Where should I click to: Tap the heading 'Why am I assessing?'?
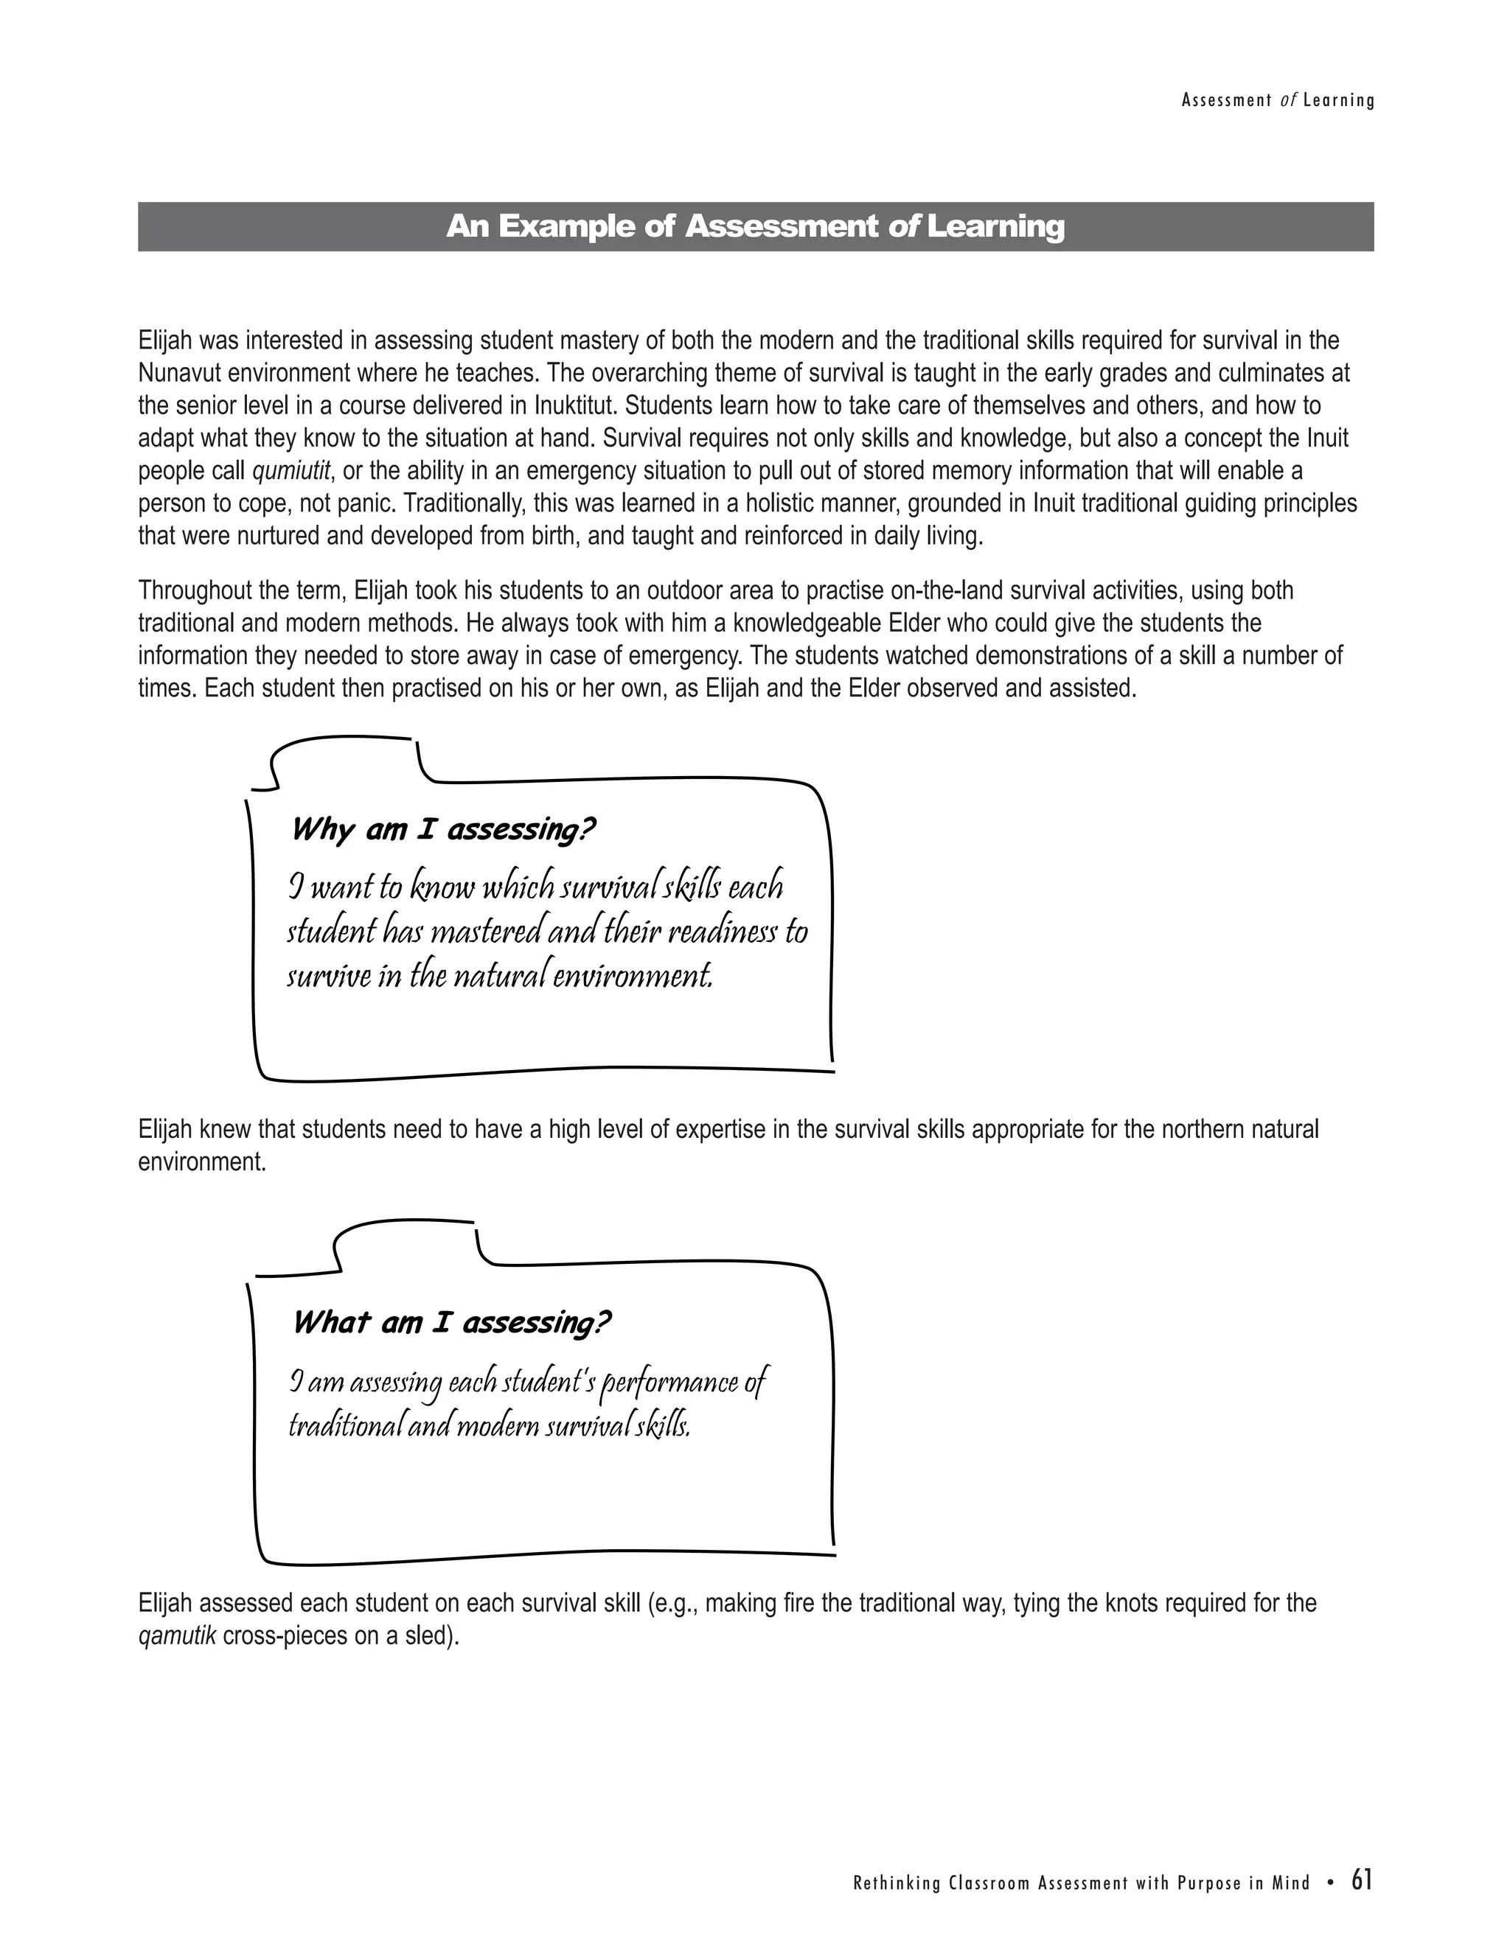443,830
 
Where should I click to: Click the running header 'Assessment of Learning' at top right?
1278,101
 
